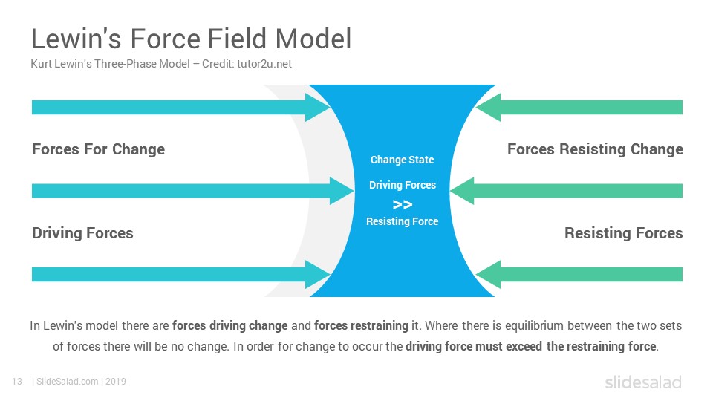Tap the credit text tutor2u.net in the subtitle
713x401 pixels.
click(x=264, y=64)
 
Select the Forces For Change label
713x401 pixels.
click(x=98, y=149)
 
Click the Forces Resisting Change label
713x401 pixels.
click(x=595, y=149)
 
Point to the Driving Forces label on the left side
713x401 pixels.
click(x=82, y=233)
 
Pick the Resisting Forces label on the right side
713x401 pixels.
click(x=623, y=233)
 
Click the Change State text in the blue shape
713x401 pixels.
click(x=402, y=160)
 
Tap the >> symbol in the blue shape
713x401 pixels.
click(x=403, y=205)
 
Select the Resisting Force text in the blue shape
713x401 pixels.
click(x=403, y=221)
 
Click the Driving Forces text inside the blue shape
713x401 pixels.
click(x=403, y=185)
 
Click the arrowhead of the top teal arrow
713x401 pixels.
click(x=318, y=107)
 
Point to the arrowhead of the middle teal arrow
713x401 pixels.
click(x=342, y=191)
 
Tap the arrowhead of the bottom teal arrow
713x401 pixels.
click(x=318, y=275)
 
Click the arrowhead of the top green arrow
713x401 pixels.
click(x=488, y=107)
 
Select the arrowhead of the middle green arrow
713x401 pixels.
click(x=462, y=191)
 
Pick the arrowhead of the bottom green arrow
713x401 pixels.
click(x=488, y=275)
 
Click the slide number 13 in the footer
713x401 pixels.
click(x=17, y=382)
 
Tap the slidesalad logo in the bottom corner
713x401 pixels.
click(x=643, y=382)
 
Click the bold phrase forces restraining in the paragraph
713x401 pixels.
click(x=361, y=325)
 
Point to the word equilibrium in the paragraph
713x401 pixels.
click(x=535, y=325)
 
